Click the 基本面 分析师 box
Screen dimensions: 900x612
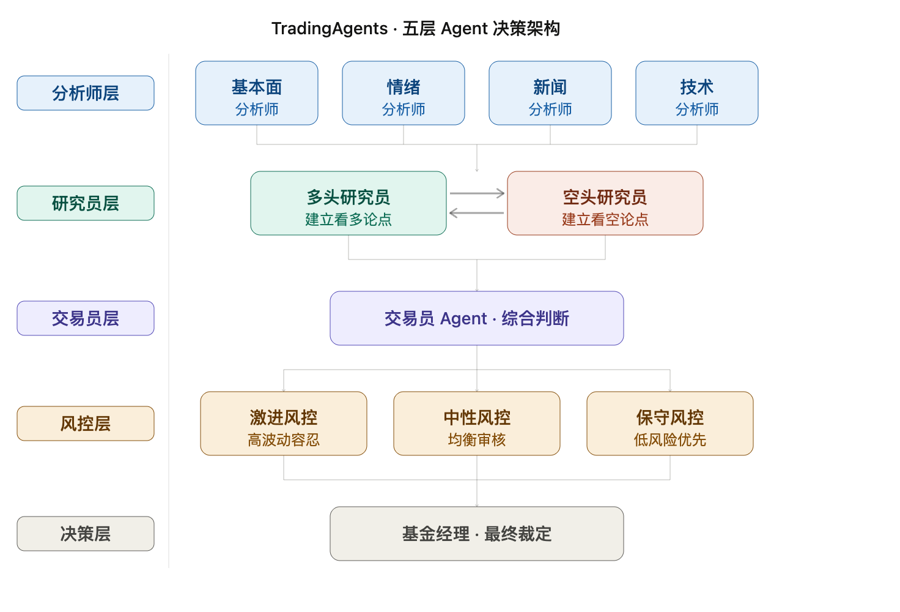click(257, 93)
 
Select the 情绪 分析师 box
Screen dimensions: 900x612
click(404, 93)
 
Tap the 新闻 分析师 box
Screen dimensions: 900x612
click(550, 93)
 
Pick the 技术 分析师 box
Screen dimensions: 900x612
click(696, 93)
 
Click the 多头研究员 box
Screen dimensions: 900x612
click(349, 203)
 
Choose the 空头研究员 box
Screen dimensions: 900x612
click(605, 203)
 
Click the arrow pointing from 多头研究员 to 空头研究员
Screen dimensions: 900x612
click(477, 193)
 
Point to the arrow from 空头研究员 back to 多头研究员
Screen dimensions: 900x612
click(477, 213)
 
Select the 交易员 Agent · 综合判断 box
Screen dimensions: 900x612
click(477, 318)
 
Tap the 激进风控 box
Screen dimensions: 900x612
click(284, 424)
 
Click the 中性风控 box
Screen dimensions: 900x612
click(477, 424)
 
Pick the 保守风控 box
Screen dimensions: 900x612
click(670, 424)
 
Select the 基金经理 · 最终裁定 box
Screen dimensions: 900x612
click(477, 534)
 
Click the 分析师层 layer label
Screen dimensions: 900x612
click(86, 93)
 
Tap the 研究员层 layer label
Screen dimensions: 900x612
click(86, 203)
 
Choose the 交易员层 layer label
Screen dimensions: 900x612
click(86, 318)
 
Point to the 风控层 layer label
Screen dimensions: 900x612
click(86, 424)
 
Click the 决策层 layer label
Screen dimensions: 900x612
click(86, 534)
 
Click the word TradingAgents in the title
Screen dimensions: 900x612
click(330, 29)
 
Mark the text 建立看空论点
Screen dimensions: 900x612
click(605, 220)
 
